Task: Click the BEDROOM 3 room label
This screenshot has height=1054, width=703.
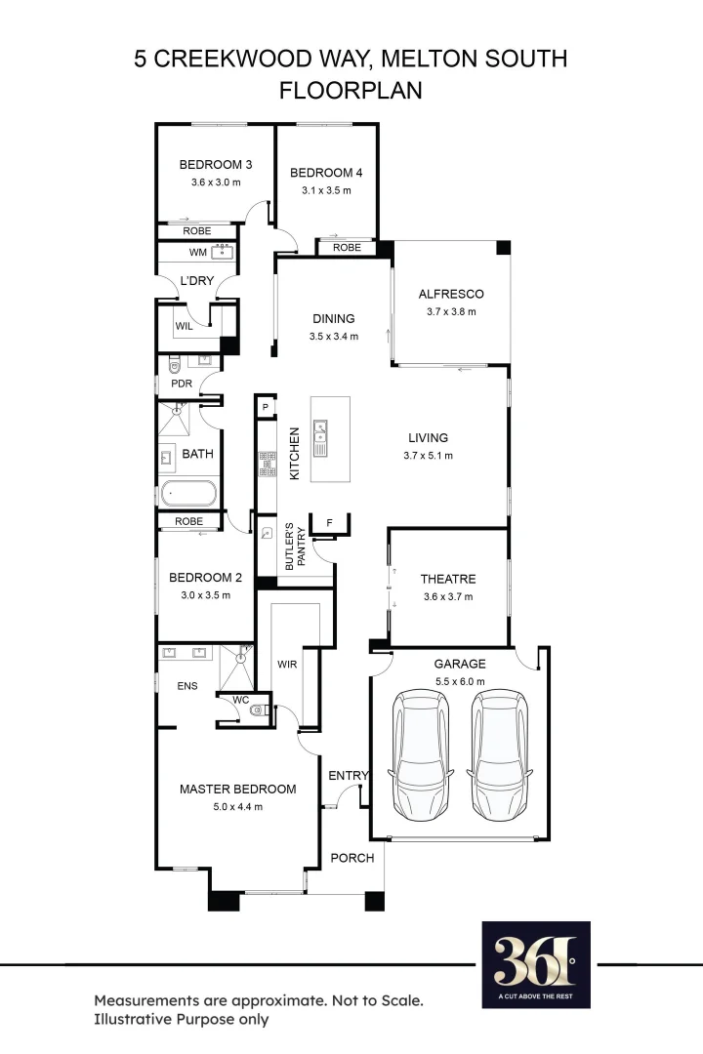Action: [x=215, y=165]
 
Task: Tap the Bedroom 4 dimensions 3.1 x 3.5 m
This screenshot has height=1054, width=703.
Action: [x=326, y=190]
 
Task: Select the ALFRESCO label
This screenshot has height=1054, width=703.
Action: [x=451, y=294]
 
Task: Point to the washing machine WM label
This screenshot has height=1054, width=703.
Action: [x=198, y=252]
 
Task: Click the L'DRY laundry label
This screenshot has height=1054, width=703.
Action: [x=196, y=280]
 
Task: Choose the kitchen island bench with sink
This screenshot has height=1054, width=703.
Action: [x=330, y=439]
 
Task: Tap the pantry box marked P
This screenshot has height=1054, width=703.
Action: [x=266, y=407]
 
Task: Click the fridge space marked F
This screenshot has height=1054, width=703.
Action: [x=330, y=523]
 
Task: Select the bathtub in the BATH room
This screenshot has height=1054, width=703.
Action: [x=188, y=494]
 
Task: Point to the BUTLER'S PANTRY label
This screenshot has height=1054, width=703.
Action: [x=295, y=547]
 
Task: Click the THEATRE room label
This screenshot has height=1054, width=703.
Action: [x=448, y=579]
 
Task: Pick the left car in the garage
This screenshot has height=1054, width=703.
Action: [x=421, y=754]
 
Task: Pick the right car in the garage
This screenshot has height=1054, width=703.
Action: [x=500, y=754]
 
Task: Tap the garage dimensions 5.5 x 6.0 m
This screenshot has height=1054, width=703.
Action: [x=460, y=681]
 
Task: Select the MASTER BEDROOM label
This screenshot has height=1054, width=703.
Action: [x=237, y=790]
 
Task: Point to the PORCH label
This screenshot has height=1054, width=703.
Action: [x=352, y=858]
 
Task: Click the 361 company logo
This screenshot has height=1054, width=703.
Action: [x=536, y=964]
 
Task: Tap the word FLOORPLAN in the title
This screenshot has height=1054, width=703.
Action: [x=351, y=90]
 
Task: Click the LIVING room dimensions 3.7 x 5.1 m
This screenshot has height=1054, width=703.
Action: [x=428, y=456]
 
